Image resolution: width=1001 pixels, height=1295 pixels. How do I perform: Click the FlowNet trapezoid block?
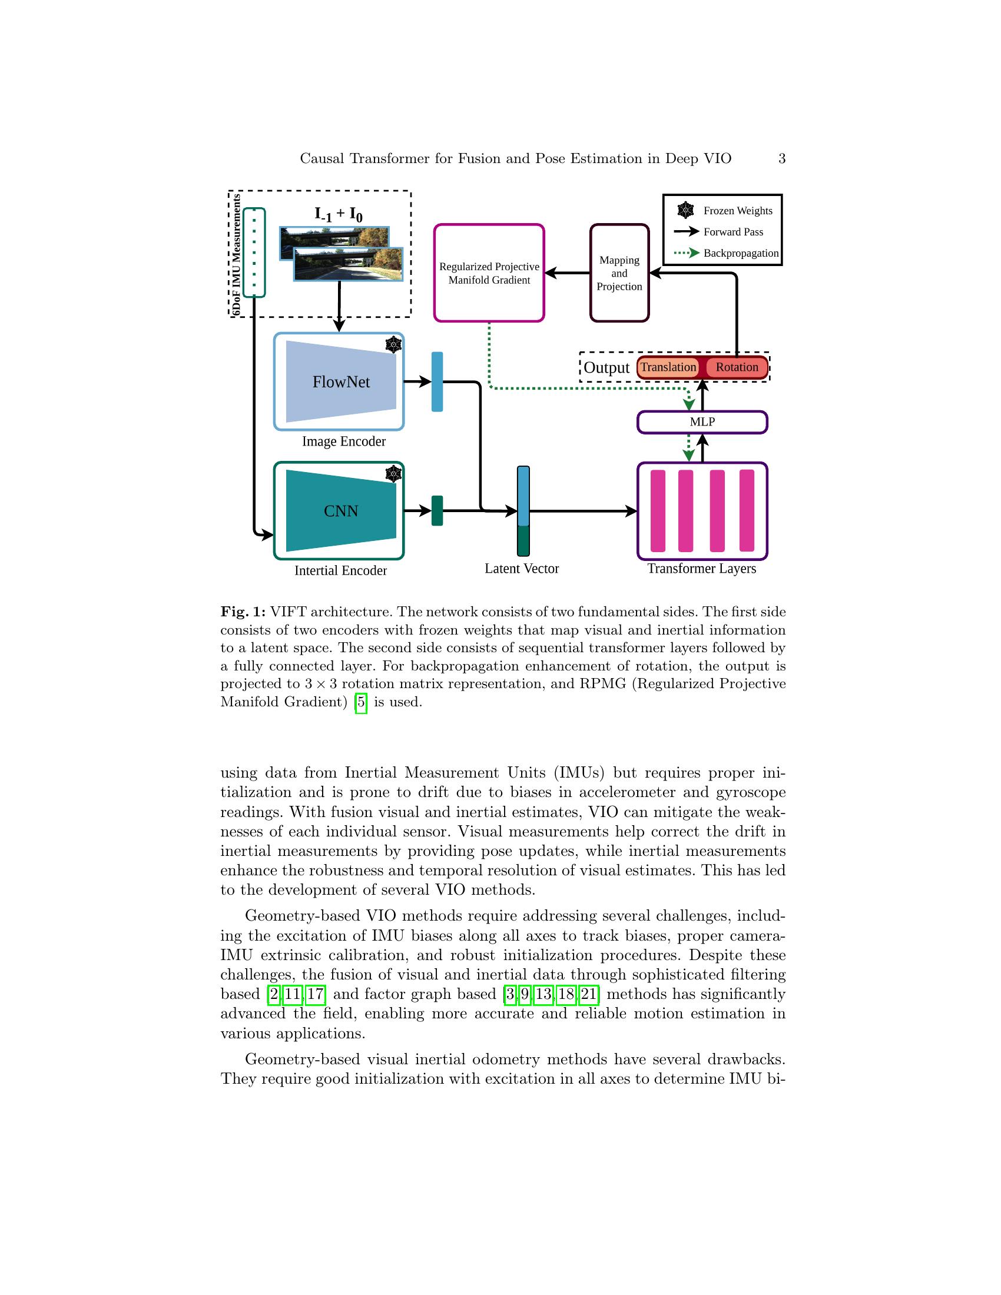pos(340,382)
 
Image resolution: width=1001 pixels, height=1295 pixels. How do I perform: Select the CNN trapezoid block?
pos(340,510)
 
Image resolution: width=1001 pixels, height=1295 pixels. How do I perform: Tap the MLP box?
pos(702,422)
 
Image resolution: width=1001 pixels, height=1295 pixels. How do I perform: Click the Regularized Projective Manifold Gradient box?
pos(489,273)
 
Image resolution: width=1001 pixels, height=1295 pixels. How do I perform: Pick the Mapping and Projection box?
pos(619,273)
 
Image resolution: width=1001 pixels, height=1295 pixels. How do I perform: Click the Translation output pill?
pos(668,367)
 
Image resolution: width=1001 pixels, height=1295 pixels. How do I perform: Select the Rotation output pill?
pos(737,367)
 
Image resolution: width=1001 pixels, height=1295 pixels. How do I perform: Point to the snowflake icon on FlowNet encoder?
pos(393,344)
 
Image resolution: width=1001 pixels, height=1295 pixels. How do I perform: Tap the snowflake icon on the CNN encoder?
pos(393,474)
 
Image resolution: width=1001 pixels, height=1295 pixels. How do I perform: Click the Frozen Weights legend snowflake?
pos(685,210)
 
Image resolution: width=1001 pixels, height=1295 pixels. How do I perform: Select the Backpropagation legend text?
pos(741,253)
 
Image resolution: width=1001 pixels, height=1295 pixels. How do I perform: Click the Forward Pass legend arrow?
pos(686,232)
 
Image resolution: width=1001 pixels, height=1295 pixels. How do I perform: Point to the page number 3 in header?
pos(781,158)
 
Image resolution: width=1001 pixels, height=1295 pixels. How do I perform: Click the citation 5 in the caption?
pos(360,702)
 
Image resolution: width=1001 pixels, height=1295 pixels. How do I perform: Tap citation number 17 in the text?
pos(315,994)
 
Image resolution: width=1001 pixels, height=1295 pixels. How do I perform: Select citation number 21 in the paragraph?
pos(588,994)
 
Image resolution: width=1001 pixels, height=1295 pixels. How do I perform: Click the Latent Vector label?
pos(521,569)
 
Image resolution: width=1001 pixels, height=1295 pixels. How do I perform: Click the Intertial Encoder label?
pos(340,570)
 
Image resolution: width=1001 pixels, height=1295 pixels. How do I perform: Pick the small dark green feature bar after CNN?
pos(437,510)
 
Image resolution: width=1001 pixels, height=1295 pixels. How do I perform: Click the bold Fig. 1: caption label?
pos(243,612)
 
